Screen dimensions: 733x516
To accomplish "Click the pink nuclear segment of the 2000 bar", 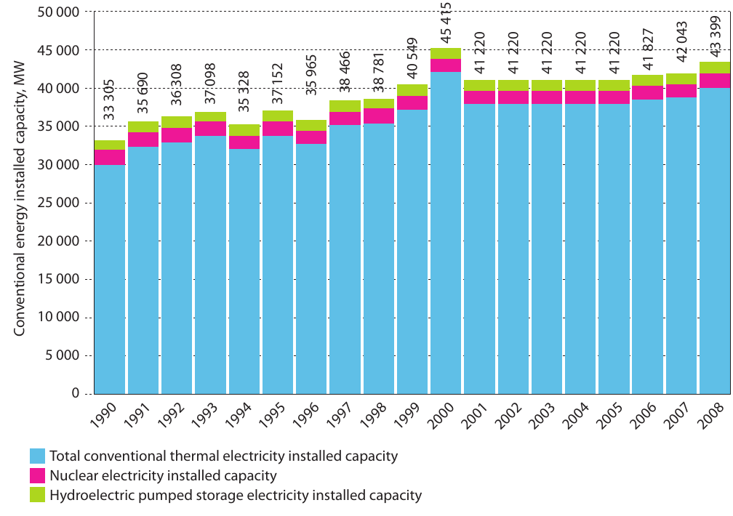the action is coord(446,65).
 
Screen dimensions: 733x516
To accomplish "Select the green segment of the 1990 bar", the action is coord(110,145).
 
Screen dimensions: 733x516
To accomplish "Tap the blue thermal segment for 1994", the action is coord(244,272).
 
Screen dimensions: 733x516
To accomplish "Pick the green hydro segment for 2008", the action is coord(715,68).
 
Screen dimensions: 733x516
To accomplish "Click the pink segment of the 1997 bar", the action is coord(345,118).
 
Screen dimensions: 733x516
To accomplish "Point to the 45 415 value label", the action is coord(446,23).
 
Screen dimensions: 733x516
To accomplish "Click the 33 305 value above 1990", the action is coord(108,100).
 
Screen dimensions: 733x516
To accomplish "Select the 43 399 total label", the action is coord(716,36).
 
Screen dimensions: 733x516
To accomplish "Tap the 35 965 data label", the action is coord(311,75).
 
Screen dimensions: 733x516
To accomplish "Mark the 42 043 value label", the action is coord(681,41).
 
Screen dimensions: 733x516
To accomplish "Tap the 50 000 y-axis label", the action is coord(58,12).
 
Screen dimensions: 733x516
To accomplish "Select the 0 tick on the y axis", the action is coord(76,393).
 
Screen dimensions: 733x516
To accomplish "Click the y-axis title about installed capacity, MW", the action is coord(19,198).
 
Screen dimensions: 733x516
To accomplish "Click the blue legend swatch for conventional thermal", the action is coord(37,456).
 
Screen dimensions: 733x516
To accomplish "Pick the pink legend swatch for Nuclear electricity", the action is coord(37,476).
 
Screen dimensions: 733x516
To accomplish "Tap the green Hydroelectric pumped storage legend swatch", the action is coord(37,495).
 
